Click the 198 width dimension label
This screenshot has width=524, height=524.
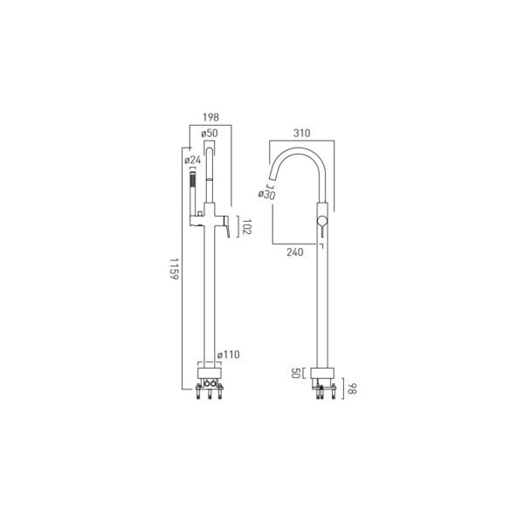pos(210,117)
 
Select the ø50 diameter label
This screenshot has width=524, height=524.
pos(210,134)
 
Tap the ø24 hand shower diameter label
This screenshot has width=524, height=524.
pos(193,160)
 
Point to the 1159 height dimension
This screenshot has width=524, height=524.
pos(175,269)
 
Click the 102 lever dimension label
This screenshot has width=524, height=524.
pos(247,227)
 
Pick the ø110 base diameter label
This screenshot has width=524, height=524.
pos(229,355)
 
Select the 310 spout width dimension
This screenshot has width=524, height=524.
pos(302,133)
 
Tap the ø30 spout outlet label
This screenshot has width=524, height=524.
pos(266,195)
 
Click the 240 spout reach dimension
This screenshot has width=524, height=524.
pos(295,252)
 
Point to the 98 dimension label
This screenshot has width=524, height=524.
pos(352,389)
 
